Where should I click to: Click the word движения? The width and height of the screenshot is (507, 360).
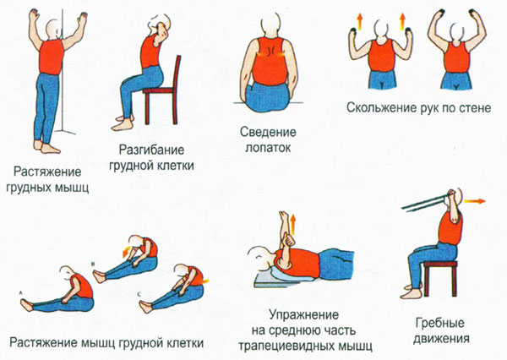[442, 341]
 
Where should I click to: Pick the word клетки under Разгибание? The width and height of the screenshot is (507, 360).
[173, 166]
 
